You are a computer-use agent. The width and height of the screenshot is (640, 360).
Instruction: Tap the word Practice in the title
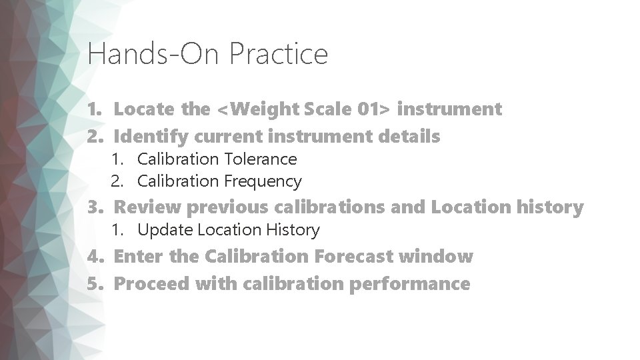(279, 54)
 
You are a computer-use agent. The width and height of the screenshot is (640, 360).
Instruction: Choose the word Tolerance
(261, 159)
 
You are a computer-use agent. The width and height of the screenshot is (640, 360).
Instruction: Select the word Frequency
(264, 181)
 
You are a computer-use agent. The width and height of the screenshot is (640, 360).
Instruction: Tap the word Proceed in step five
(152, 285)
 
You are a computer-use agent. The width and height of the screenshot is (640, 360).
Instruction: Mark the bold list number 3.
(95, 208)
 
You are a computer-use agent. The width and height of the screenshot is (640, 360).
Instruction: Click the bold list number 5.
(95, 285)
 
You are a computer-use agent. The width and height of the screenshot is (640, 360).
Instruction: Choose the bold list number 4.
(95, 257)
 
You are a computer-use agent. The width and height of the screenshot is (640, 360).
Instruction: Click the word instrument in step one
(454, 109)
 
